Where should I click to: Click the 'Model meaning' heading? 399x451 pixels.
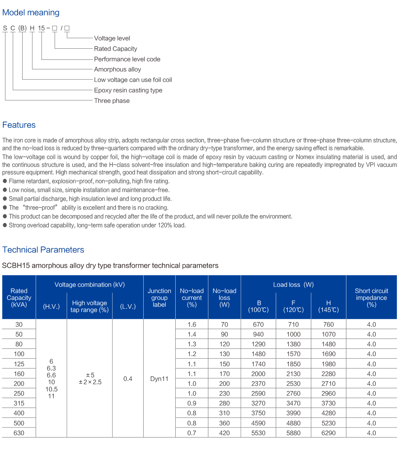click(31, 13)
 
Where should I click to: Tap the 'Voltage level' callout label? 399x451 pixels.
click(112, 38)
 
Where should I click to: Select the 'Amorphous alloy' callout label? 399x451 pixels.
click(117, 69)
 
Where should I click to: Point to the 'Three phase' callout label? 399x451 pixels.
click(112, 101)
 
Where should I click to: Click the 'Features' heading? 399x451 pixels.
click(19, 125)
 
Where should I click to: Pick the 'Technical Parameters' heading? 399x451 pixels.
click(43, 250)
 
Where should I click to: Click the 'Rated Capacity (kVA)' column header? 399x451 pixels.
click(19, 297)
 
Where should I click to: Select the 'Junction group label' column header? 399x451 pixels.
click(159, 297)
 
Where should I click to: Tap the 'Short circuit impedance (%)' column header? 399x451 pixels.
click(371, 297)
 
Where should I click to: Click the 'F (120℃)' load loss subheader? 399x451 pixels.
click(293, 306)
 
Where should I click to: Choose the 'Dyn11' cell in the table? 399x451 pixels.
click(159, 379)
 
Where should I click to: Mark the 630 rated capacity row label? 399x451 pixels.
click(19, 433)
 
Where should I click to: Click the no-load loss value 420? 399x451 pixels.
click(224, 433)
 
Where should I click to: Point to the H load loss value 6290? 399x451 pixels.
click(328, 433)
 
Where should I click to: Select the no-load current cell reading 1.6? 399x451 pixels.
click(192, 325)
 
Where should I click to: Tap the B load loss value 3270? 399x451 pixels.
click(258, 403)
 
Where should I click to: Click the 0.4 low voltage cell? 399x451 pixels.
click(128, 379)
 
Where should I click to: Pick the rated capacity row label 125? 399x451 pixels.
click(19, 364)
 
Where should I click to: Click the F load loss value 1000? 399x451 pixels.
click(293, 334)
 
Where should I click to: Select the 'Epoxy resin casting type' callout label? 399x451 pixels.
click(128, 90)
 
